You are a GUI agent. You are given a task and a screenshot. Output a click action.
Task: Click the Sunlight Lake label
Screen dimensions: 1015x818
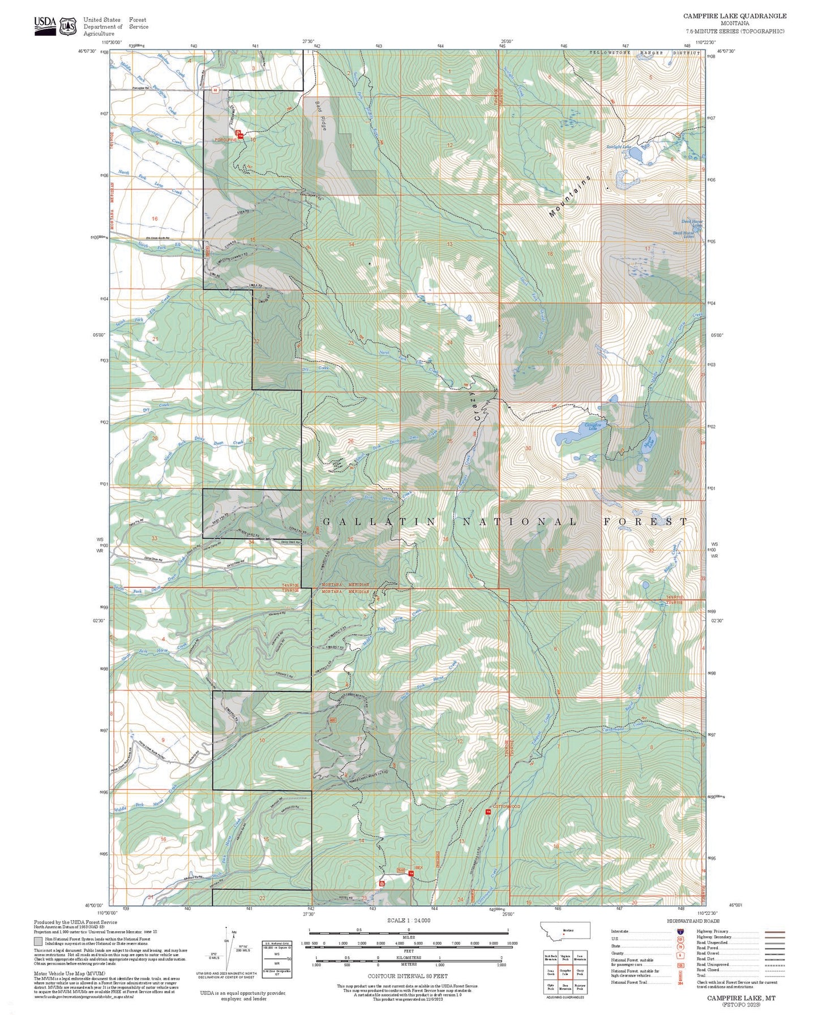coord(619,147)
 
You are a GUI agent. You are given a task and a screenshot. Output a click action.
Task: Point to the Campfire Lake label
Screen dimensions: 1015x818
coord(592,425)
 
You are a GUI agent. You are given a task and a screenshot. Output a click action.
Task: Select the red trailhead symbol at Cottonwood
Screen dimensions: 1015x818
coord(488,812)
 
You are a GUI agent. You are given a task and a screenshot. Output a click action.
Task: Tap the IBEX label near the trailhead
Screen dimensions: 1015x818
coord(418,867)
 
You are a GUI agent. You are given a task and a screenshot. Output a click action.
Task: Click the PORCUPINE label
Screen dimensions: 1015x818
coord(225,139)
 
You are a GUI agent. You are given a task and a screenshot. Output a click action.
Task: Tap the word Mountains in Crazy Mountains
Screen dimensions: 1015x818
coord(570,196)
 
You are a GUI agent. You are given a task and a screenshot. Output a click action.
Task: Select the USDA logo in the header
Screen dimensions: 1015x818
coord(45,25)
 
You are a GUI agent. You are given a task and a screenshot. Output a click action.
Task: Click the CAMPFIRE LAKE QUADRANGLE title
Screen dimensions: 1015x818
coord(734,16)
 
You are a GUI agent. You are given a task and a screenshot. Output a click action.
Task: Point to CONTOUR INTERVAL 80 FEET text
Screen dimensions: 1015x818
coord(408,976)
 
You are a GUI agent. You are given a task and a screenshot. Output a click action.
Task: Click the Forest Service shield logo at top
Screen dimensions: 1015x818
coord(68,26)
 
